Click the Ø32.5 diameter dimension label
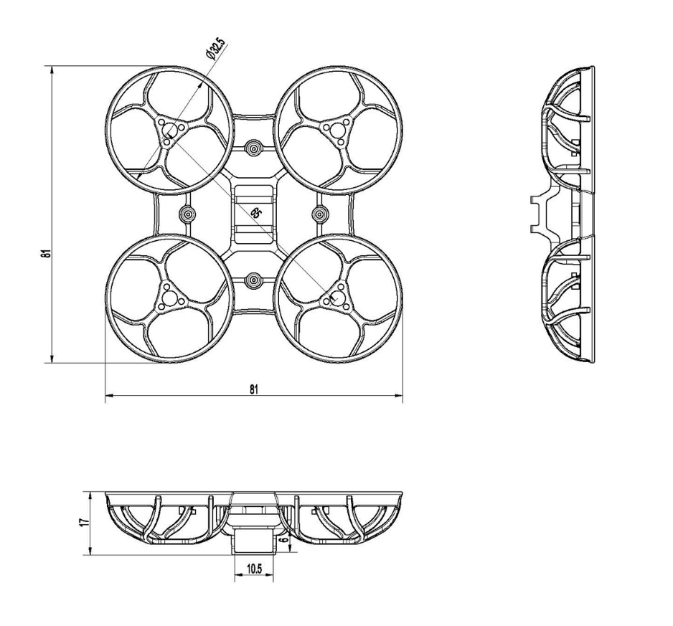(215, 49)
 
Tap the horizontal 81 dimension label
(254, 389)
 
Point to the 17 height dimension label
(85, 522)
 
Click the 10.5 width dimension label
(254, 569)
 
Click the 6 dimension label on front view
(283, 539)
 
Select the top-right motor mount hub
(337, 129)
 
